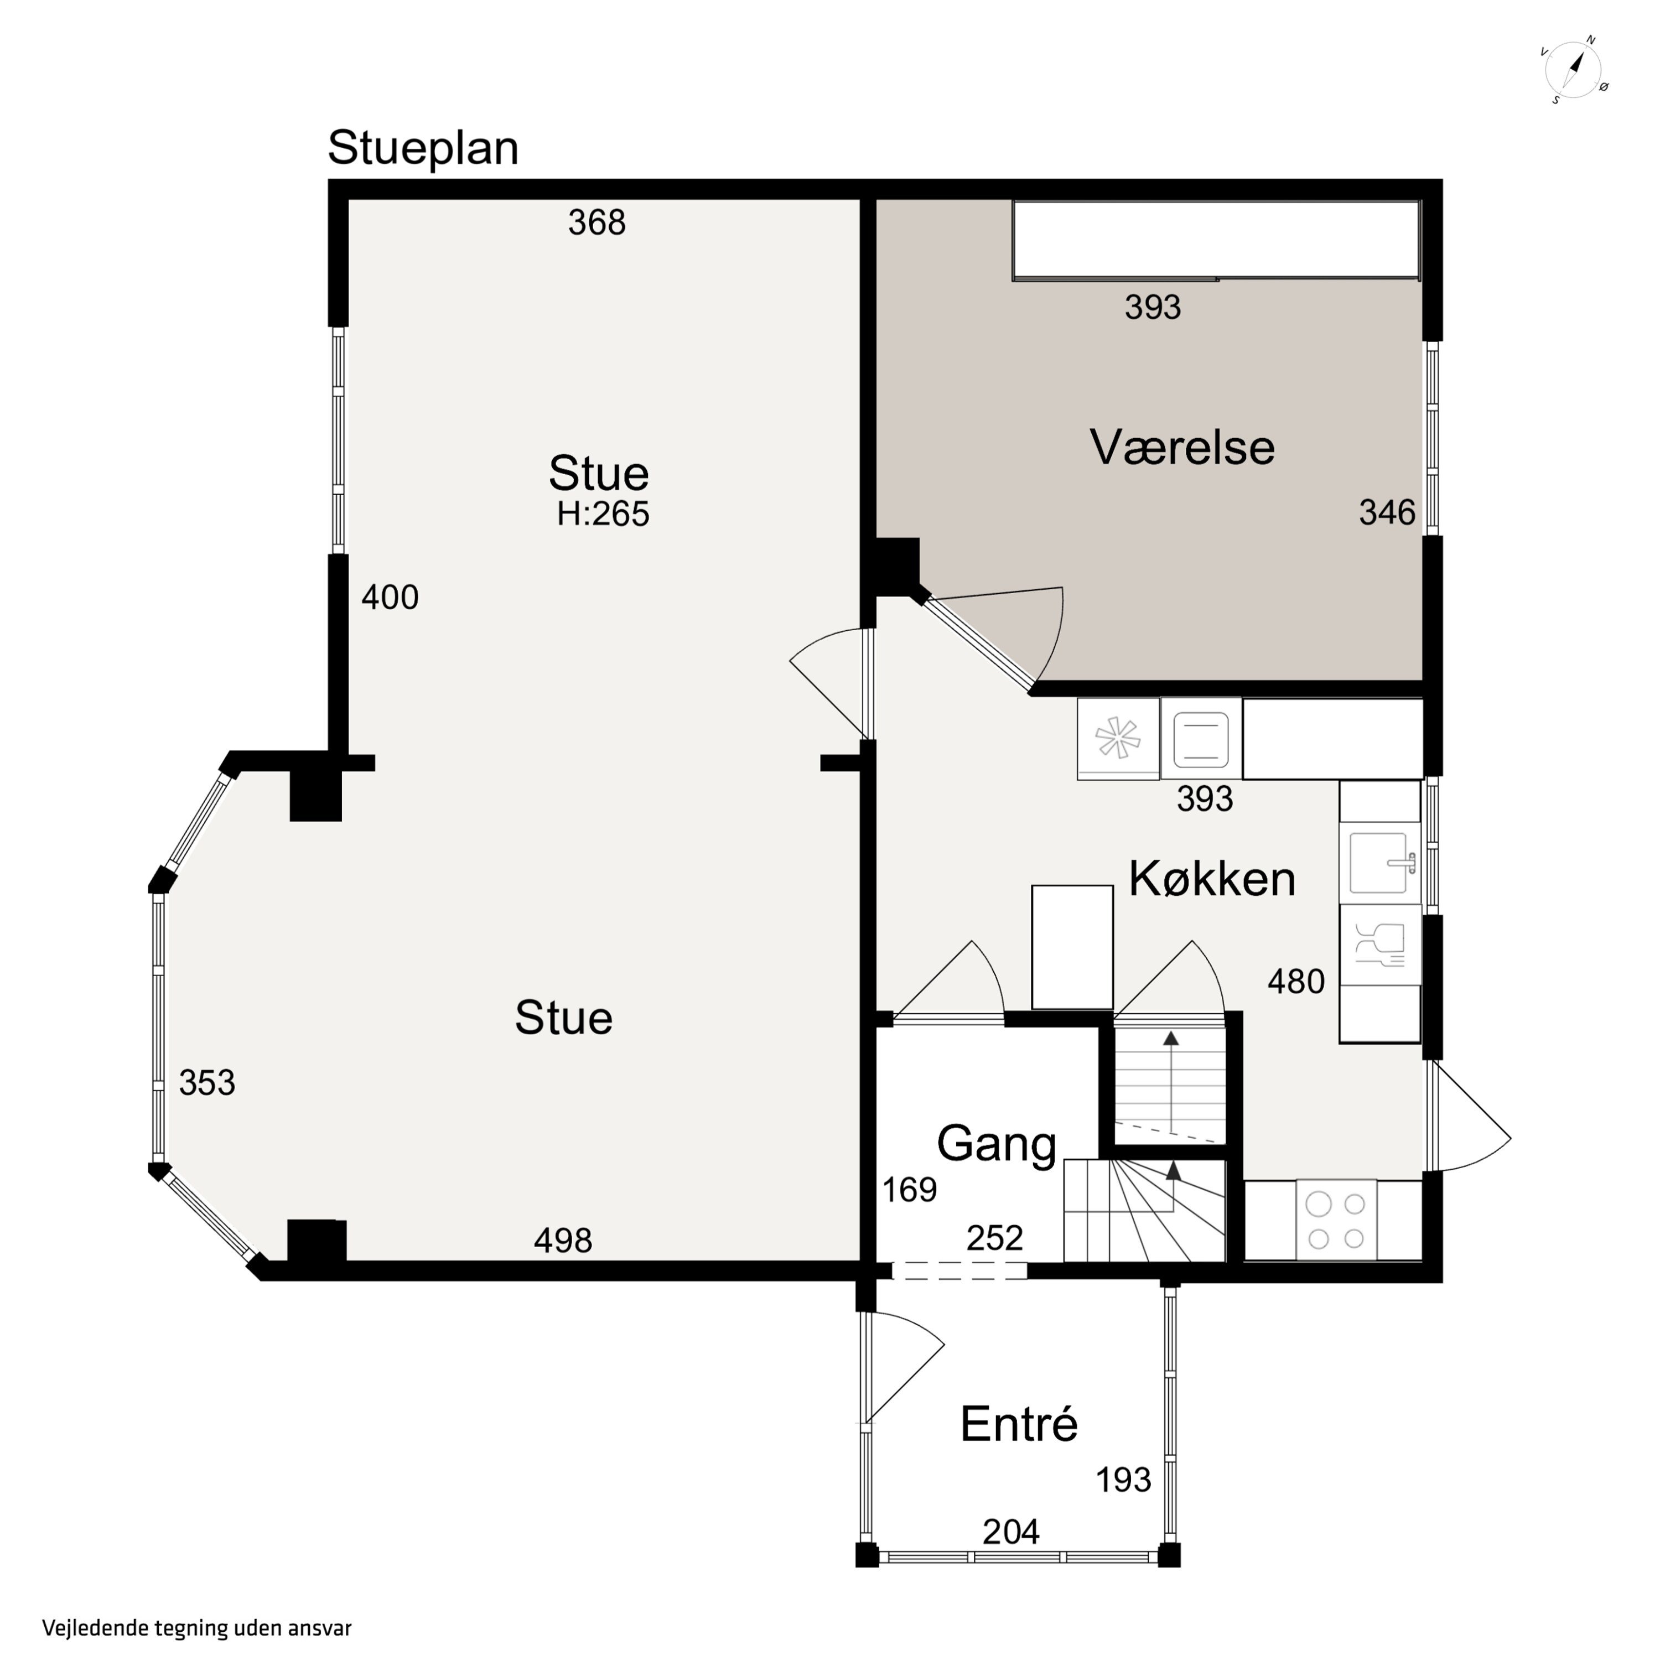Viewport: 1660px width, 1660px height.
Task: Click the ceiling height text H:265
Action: [603, 514]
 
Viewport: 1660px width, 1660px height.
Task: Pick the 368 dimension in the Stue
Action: [596, 222]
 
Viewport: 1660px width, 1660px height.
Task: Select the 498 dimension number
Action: [563, 1240]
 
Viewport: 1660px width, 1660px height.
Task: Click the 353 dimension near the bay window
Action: [207, 1083]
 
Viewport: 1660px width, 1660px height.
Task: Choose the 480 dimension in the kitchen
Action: [1296, 981]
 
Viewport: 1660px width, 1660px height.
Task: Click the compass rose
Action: [1574, 70]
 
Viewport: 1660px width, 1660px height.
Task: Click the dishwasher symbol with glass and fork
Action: [1380, 945]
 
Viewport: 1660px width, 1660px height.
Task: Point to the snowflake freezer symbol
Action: [1118, 738]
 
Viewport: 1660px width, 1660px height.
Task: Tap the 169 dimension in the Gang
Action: [909, 1190]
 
